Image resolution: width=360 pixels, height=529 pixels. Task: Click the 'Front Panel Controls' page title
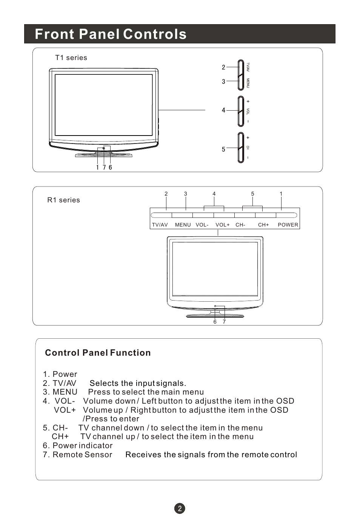click(111, 34)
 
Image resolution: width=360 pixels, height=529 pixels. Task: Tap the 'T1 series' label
click(71, 58)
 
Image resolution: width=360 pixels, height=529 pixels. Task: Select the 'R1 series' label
click(63, 200)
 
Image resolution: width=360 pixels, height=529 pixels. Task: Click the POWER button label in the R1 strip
click(288, 225)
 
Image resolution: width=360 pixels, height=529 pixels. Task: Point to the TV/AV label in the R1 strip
click(160, 225)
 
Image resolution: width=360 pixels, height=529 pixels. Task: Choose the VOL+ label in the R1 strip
click(223, 225)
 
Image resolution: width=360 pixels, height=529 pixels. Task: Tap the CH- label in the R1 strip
click(240, 225)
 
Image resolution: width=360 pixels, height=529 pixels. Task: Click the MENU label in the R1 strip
click(183, 225)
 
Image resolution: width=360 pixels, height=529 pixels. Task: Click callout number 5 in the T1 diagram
click(223, 150)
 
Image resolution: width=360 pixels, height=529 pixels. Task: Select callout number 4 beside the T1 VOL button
click(223, 110)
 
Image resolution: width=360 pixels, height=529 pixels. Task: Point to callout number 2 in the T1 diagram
click(223, 67)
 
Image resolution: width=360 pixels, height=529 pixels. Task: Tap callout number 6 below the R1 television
click(215, 322)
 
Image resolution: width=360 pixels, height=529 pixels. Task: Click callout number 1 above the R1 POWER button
click(281, 194)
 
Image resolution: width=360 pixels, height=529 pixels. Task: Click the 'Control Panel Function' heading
click(98, 353)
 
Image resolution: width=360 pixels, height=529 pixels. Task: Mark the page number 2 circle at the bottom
click(180, 508)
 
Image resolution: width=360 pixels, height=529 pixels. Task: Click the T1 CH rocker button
click(241, 147)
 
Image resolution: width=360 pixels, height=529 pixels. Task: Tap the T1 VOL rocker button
click(241, 111)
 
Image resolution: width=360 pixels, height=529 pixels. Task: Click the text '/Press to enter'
click(111, 419)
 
